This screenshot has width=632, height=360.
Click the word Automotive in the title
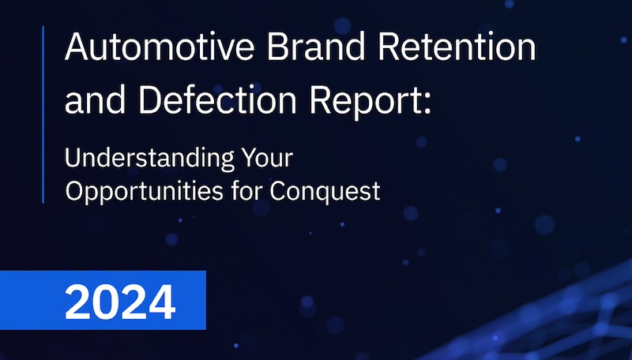[160, 47]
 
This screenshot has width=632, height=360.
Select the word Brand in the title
[317, 47]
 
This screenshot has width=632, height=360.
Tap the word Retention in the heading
[457, 47]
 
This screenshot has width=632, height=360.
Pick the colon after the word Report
[427, 103]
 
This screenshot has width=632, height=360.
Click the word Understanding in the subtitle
[149, 159]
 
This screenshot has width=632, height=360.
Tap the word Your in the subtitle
[267, 157]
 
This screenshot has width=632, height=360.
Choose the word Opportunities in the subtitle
[145, 191]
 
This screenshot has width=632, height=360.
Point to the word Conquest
[325, 191]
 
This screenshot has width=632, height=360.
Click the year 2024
[120, 302]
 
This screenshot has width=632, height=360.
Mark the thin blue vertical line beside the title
[43, 114]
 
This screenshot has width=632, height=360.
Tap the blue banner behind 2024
[103, 301]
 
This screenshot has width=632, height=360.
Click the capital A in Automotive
[77, 47]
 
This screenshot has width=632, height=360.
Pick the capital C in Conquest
[278, 191]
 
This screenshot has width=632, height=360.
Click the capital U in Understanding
[72, 158]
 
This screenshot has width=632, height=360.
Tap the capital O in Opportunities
[73, 191]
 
